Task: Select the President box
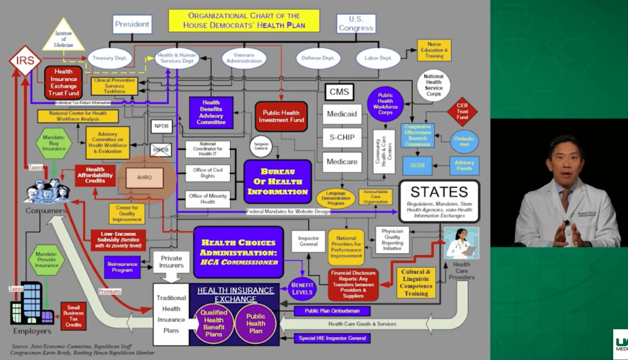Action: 132,25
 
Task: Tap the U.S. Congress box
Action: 356,23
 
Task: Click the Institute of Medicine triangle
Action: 63,36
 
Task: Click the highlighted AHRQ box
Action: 147,178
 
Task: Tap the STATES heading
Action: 439,192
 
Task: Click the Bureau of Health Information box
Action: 277,182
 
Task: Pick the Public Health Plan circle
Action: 255,323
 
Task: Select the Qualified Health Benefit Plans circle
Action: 214,323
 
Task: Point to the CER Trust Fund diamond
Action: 462,112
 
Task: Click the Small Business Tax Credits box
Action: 72,315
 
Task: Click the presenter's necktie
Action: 564,200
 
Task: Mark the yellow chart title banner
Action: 244,20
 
